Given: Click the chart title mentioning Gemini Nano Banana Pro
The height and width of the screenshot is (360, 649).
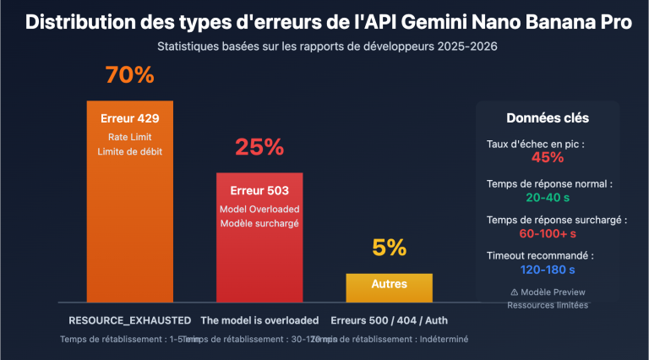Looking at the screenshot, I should (328, 23).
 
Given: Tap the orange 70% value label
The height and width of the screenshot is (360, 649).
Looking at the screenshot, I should (129, 75).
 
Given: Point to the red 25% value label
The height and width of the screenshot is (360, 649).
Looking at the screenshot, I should (259, 148).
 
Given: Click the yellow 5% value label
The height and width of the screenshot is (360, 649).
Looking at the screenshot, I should (389, 248).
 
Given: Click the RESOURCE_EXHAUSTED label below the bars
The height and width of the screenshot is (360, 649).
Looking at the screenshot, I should (129, 320).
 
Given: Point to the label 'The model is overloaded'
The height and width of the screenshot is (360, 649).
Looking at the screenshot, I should (259, 320).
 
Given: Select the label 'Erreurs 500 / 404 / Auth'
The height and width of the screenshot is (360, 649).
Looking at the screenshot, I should (389, 320).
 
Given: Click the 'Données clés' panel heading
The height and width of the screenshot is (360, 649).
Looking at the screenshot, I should (548, 118).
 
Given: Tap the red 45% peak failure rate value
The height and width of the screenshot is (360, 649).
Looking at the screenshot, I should (548, 157).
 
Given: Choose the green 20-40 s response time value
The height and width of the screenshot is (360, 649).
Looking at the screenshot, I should (548, 197).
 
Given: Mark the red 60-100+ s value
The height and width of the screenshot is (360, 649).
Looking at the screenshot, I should (548, 233).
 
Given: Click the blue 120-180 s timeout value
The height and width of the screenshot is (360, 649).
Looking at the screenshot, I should (548, 270).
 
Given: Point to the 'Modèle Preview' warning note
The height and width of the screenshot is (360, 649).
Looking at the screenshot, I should (548, 292).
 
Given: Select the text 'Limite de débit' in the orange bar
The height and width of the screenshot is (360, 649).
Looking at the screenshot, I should (129, 151).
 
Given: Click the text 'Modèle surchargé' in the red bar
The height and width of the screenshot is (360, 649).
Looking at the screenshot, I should (259, 223).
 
